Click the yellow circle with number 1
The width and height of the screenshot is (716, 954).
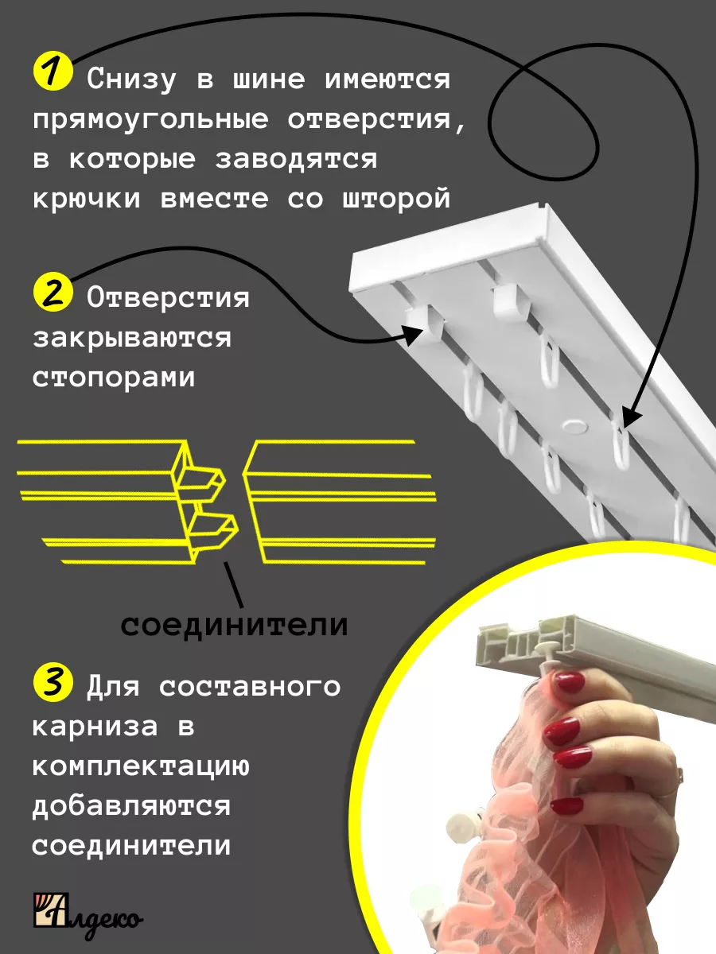point(53,72)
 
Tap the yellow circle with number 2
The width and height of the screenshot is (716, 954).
point(53,292)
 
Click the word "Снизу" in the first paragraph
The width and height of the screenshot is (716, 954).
point(131,80)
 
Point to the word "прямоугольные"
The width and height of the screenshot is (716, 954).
point(151,120)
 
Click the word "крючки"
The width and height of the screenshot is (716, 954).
point(87,200)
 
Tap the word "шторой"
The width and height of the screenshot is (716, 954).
point(396,200)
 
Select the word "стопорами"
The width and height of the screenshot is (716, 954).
point(114,378)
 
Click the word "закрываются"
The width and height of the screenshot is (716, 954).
point(132,339)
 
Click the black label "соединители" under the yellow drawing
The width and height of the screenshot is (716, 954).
point(234,626)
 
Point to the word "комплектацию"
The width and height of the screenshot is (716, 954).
point(141,766)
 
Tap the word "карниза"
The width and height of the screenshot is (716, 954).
point(95,727)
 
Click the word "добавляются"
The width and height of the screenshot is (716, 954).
point(131,807)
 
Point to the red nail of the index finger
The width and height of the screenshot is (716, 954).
point(569,681)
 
